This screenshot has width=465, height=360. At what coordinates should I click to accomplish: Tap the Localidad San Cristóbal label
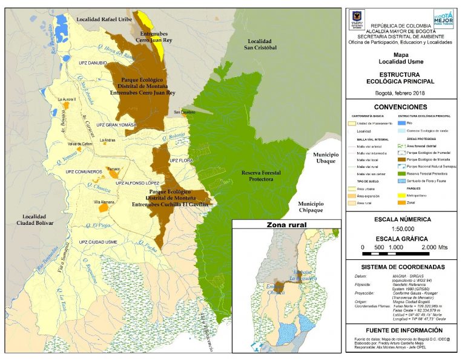(261, 44)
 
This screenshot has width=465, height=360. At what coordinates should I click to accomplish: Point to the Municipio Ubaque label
(326, 158)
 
